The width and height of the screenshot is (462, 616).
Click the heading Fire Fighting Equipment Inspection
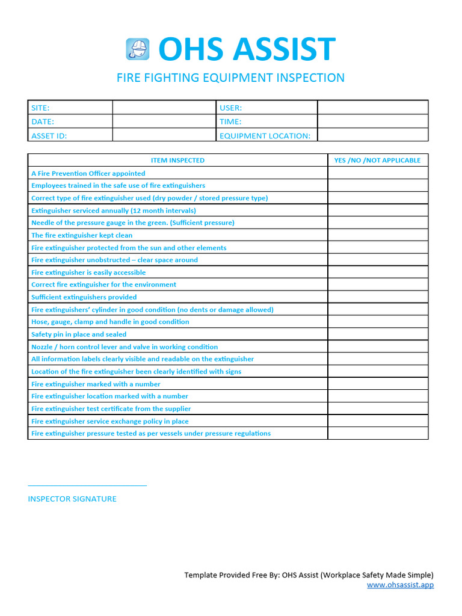[230, 78]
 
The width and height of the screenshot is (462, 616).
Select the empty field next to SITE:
[164, 108]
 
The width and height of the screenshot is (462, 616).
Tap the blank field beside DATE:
[164, 122]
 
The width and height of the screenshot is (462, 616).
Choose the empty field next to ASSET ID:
[164, 135]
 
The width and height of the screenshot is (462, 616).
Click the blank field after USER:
[372, 108]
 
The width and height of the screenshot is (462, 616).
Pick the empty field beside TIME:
[372, 122]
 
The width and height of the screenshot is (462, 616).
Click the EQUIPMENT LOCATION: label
[265, 136]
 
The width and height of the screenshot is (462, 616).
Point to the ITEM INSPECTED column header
[177, 161]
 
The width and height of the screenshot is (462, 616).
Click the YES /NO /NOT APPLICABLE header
[377, 161]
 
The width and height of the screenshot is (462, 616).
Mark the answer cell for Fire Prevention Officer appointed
[377, 173]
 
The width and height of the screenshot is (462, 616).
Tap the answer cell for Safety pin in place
[377, 334]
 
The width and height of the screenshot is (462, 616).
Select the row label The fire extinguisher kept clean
[82, 235]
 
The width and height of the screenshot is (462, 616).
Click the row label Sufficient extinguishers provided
[84, 297]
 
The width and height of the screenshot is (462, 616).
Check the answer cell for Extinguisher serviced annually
[377, 211]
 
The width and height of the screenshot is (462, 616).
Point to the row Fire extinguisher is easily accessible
[88, 273]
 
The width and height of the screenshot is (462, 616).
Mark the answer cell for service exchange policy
[377, 421]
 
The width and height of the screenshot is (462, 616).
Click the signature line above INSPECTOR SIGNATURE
[87, 485]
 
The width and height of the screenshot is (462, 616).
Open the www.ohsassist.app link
[400, 585]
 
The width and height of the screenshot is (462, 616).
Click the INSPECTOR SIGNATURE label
[72, 499]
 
